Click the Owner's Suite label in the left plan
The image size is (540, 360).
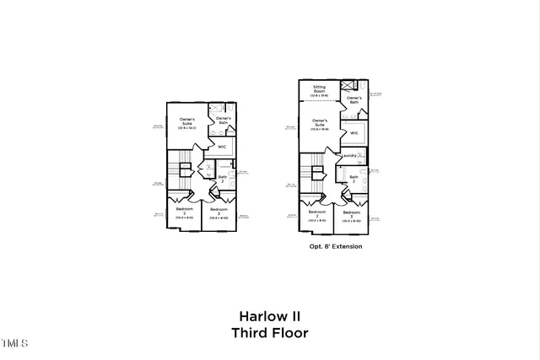[x=186, y=124]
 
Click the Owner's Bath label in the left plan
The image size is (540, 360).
[x=224, y=121]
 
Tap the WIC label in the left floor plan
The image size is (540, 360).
[x=222, y=146]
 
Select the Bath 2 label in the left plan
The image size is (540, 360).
[x=223, y=178]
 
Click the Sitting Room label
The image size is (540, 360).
[x=319, y=89]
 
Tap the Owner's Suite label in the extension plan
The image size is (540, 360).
[x=320, y=125]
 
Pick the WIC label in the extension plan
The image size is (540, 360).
[x=354, y=132]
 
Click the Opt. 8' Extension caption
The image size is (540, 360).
[x=336, y=246]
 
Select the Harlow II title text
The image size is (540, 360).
[x=269, y=317]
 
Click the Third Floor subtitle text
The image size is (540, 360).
[x=269, y=332]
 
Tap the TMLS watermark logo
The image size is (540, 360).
[x=14, y=343]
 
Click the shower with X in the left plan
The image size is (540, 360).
[x=215, y=108]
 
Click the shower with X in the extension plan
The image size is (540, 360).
[x=348, y=86]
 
